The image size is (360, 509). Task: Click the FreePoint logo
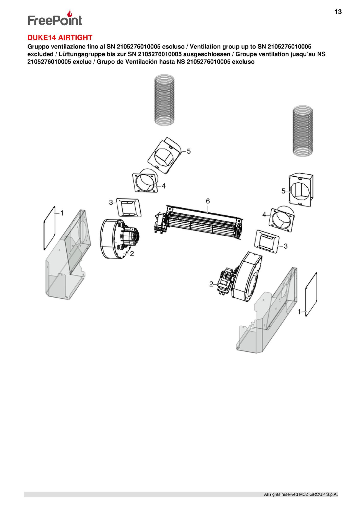pos(55,18)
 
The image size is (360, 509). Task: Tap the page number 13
pos(338,12)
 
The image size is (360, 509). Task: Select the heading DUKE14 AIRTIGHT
pos(60,38)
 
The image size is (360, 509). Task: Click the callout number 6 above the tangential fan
pos(208,201)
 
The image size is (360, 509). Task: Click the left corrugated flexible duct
pos(165,100)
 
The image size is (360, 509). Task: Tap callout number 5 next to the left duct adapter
pos(189,151)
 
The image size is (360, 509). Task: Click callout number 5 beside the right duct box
pos(283,191)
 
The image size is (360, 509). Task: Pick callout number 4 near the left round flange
pos(164,186)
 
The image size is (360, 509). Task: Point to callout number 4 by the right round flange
pos(264,215)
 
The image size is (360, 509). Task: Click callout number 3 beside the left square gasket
pos(111,202)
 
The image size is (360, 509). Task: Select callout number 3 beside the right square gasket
pos(285,246)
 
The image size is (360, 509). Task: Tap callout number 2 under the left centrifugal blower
pos(132,253)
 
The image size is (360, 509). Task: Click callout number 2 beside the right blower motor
pos(211,284)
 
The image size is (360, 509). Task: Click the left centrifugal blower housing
pos(110,239)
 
